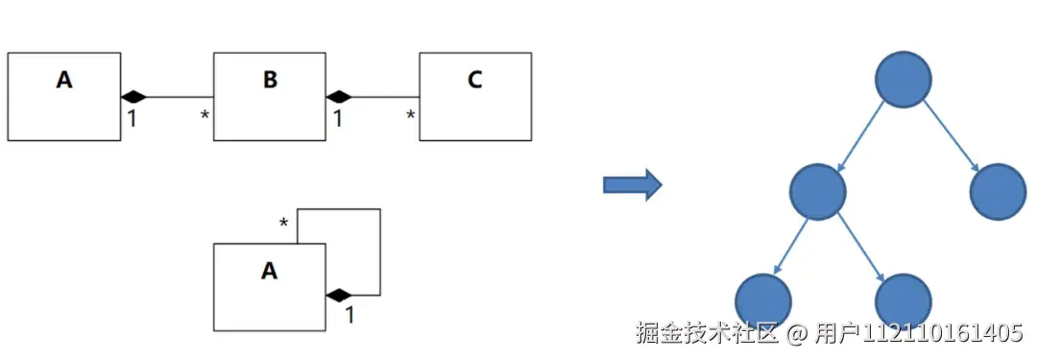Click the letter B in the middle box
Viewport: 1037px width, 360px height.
click(270, 80)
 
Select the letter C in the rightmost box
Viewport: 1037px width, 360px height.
click(474, 80)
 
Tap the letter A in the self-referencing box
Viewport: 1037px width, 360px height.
click(269, 272)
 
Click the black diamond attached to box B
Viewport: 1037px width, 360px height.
click(339, 96)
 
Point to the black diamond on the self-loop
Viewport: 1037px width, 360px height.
click(339, 294)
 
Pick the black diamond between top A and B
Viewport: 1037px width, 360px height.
click(133, 96)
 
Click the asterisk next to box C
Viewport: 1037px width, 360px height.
click(411, 116)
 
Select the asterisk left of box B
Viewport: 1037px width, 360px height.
click(205, 116)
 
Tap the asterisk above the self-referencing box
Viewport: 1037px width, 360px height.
click(283, 225)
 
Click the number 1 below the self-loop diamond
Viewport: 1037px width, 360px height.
click(349, 314)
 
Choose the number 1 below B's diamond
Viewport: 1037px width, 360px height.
click(337, 119)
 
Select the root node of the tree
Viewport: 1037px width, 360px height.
click(904, 78)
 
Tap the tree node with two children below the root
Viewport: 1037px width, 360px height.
click(817, 190)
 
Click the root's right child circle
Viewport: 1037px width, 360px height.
click(999, 190)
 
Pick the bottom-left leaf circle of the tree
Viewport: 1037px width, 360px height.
click(763, 300)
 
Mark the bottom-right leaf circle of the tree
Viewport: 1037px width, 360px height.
click(904, 300)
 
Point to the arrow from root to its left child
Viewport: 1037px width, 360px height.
click(860, 134)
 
